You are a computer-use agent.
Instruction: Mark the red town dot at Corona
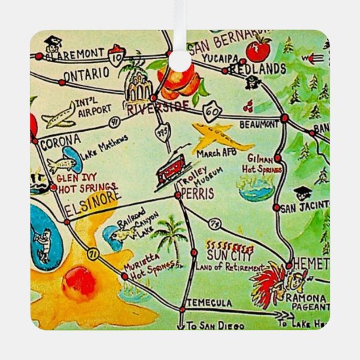(35, 140)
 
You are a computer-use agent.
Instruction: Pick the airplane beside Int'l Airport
(58, 115)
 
